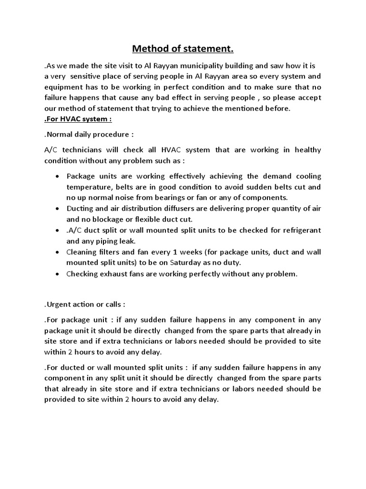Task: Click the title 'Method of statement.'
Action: point(183,49)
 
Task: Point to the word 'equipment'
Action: point(62,87)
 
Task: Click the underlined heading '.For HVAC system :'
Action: point(78,118)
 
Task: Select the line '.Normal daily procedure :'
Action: point(86,134)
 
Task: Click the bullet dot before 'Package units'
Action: point(57,176)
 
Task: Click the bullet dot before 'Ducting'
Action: point(57,209)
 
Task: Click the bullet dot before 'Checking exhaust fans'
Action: point(57,274)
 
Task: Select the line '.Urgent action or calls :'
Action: point(85,304)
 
